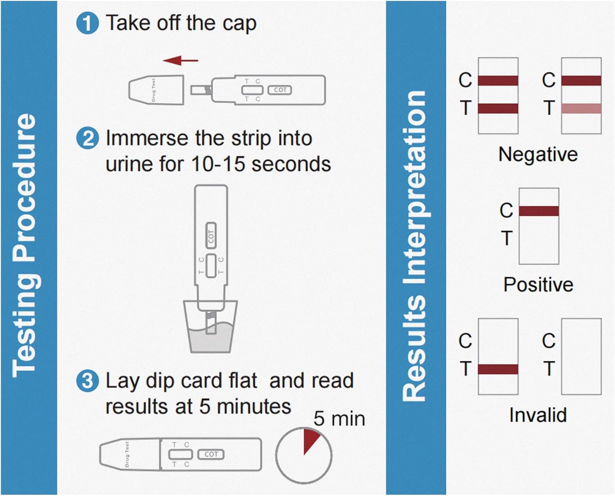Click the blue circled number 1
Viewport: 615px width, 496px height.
click(87, 23)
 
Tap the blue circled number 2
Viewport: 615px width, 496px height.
click(87, 138)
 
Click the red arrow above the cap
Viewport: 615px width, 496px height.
click(180, 61)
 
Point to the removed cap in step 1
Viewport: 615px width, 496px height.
click(156, 89)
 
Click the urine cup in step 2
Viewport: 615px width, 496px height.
click(210, 328)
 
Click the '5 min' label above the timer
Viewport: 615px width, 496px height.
click(339, 419)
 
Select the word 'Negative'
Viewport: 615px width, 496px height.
click(538, 155)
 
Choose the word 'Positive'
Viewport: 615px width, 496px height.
click(538, 285)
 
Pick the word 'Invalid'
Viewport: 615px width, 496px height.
click(538, 415)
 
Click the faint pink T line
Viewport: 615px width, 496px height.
click(581, 108)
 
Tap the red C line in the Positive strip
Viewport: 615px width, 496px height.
click(539, 211)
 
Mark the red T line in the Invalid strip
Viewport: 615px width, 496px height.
click(498, 369)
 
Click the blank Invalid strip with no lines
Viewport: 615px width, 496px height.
click(581, 356)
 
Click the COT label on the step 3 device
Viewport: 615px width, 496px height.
click(211, 454)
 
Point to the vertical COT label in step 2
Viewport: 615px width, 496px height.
click(211, 236)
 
